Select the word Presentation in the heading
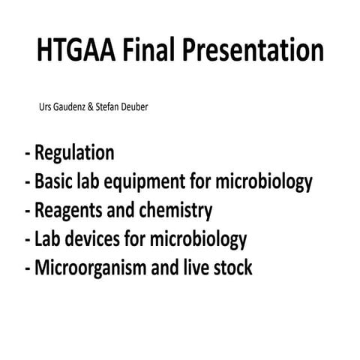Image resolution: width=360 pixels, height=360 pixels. point(256,51)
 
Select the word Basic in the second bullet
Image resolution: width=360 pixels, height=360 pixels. point(55,182)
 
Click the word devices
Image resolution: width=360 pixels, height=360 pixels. point(90,240)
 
